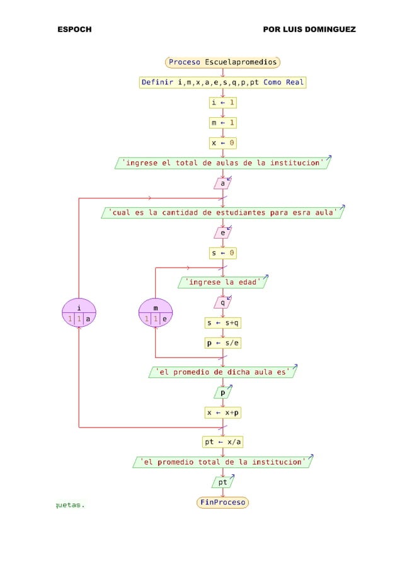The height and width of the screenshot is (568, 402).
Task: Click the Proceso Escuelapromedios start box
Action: click(223, 62)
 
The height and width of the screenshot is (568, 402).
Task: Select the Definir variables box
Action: click(222, 82)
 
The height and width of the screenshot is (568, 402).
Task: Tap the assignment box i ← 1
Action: click(223, 102)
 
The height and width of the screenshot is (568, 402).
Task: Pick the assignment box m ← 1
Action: click(223, 122)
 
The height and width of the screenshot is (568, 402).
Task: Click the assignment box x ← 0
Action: click(223, 143)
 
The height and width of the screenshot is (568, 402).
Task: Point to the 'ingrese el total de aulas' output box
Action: click(223, 163)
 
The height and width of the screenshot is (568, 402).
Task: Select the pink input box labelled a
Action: click(222, 183)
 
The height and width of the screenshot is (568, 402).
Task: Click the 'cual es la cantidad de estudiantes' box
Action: click(223, 212)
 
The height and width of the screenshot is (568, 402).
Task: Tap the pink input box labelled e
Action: click(222, 233)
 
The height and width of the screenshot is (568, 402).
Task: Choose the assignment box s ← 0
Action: click(223, 253)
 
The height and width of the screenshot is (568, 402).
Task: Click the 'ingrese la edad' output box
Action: click(223, 282)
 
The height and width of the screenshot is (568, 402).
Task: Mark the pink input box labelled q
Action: click(222, 302)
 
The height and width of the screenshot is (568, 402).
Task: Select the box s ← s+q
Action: click(224, 323)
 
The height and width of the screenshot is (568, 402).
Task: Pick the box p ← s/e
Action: click(224, 343)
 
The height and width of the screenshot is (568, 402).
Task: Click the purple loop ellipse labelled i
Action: click(79, 313)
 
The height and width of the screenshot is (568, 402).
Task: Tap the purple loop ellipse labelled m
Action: click(156, 313)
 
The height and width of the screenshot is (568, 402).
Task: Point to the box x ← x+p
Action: click(223, 413)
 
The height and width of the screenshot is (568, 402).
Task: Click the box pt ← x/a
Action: click(223, 441)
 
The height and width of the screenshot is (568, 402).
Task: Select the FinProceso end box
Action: click(223, 503)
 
